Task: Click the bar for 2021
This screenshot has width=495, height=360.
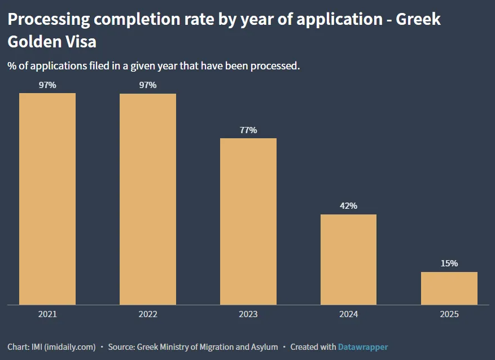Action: (x=47, y=199)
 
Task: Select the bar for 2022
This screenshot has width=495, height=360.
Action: (x=148, y=199)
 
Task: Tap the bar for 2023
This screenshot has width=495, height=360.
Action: (x=248, y=221)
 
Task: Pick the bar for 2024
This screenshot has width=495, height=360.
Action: (x=348, y=260)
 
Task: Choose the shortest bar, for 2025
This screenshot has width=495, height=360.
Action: (x=449, y=288)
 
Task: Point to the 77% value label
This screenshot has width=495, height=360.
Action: (x=248, y=130)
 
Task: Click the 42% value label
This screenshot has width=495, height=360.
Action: (x=348, y=206)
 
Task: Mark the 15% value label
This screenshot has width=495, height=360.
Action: (x=449, y=264)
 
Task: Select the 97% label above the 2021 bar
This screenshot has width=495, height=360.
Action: (x=47, y=85)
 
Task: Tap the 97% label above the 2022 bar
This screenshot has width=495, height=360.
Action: (x=148, y=85)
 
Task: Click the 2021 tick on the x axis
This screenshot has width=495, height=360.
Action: (x=47, y=314)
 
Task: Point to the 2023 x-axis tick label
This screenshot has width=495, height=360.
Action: (x=248, y=314)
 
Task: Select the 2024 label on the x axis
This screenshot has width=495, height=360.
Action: (x=348, y=314)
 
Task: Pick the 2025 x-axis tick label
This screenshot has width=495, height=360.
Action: (x=449, y=314)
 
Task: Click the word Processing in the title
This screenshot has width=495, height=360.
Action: (x=49, y=20)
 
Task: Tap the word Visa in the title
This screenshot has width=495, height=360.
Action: (x=78, y=42)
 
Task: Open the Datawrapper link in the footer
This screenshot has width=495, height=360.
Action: (x=363, y=347)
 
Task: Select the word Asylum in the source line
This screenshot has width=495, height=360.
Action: (x=265, y=347)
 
